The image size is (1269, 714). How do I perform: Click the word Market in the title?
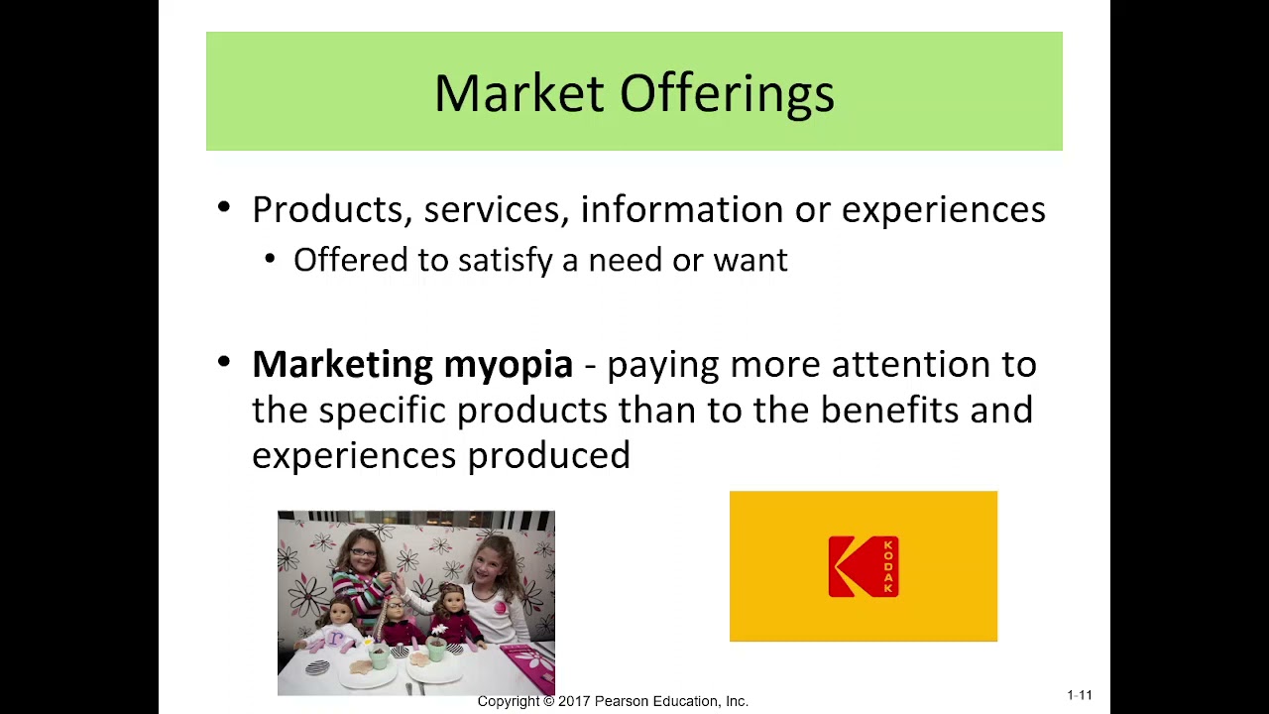click(x=519, y=94)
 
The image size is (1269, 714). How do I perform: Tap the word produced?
click(x=548, y=456)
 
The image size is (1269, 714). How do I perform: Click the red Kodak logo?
click(x=864, y=566)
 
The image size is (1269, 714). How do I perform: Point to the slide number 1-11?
click(x=1080, y=695)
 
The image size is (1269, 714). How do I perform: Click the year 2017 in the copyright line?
click(x=574, y=701)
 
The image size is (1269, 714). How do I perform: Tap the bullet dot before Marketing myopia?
click(x=224, y=362)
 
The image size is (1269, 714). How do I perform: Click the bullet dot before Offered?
click(x=271, y=260)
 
